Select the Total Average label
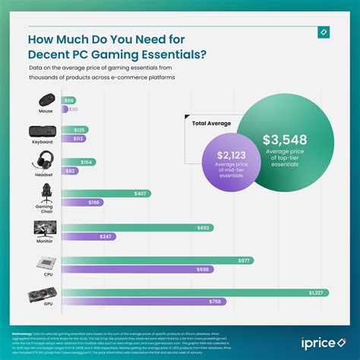point(211,122)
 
